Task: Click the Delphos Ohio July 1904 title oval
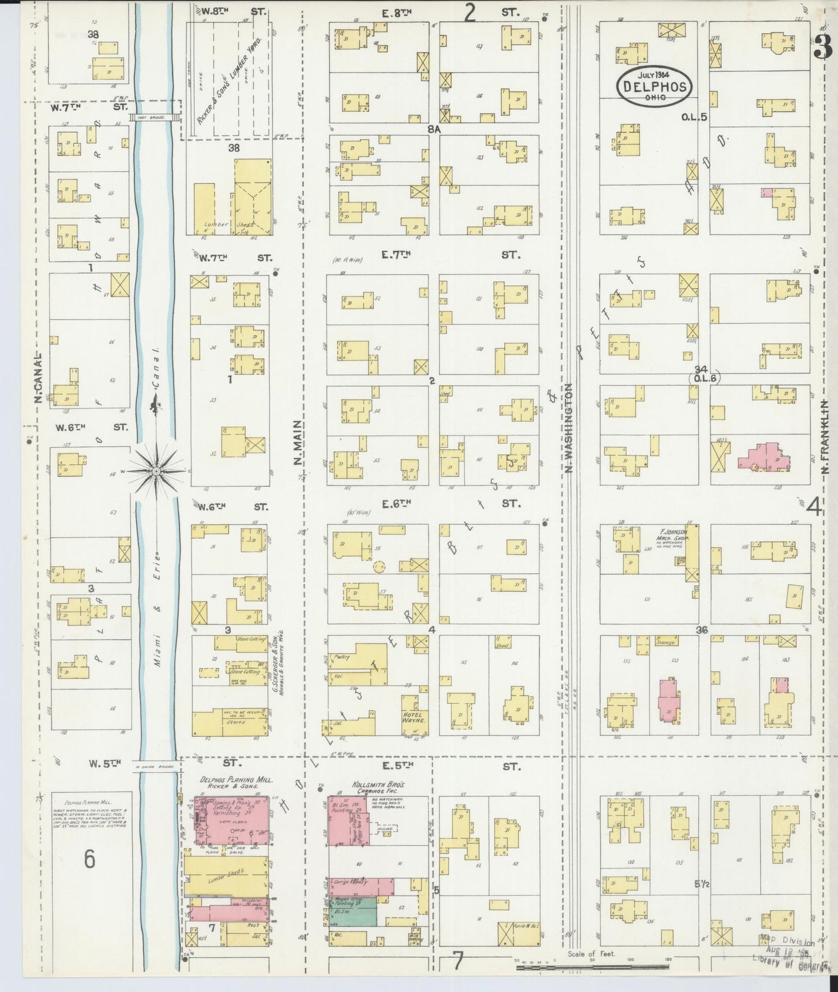click(x=655, y=86)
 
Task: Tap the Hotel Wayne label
click(x=414, y=718)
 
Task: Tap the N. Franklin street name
click(x=826, y=436)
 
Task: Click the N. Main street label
click(x=298, y=442)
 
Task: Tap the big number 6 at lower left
click(x=89, y=859)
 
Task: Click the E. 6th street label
click(x=397, y=504)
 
